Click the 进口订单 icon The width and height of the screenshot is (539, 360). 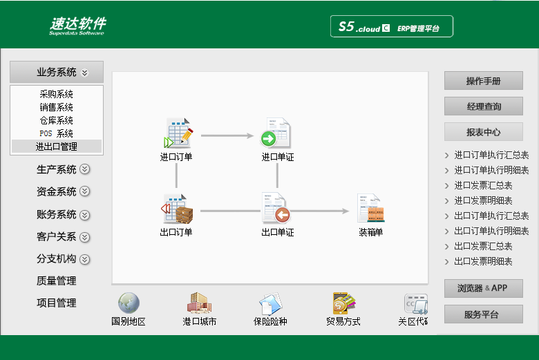[178, 133]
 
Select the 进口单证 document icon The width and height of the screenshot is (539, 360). [276, 133]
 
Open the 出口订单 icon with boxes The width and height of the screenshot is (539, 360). [177, 209]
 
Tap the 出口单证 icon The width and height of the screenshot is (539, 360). [276, 208]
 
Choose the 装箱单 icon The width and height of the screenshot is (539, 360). [370, 208]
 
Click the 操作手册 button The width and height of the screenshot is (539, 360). [483, 81]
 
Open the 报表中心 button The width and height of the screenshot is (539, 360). [483, 132]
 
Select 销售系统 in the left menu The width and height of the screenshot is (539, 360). [57, 107]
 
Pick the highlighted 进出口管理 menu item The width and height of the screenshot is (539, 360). [57, 146]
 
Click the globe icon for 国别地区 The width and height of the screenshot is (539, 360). [129, 303]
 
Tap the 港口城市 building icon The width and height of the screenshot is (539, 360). [200, 303]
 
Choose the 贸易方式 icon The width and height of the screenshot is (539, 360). [343, 303]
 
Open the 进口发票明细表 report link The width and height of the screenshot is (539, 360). [483, 200]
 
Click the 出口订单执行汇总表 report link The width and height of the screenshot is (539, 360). [491, 216]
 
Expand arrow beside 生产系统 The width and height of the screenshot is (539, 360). [84, 169]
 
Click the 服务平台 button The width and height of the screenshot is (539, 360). [483, 314]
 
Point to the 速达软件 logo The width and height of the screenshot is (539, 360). [77, 26]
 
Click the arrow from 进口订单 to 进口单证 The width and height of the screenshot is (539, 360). [227, 136]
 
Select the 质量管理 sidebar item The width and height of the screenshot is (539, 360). [57, 281]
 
